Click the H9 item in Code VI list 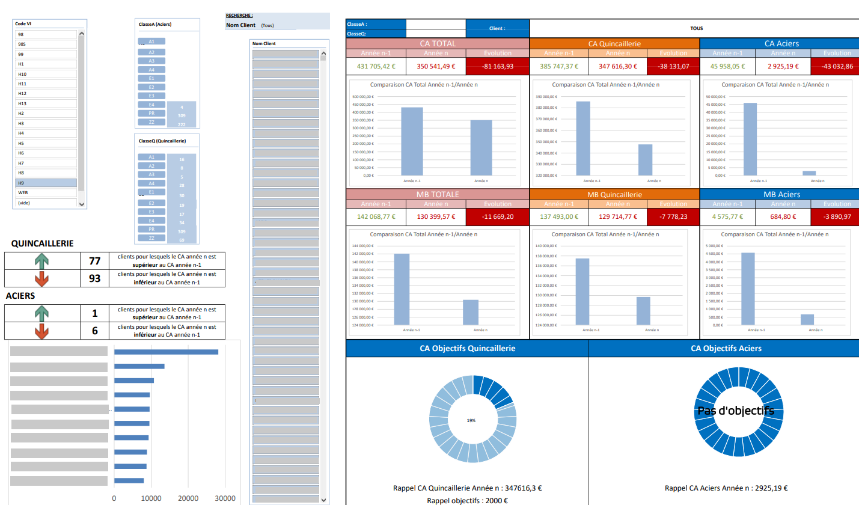click(46, 183)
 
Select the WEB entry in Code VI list click(46, 192)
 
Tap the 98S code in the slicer click(46, 44)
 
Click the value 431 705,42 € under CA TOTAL click(376, 66)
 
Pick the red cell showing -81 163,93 click(497, 66)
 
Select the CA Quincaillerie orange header click(614, 43)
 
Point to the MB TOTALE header click(437, 194)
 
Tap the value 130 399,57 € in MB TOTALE click(436, 217)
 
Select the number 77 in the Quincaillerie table click(94, 260)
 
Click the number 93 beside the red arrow click(94, 278)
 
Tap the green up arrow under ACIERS click(41, 313)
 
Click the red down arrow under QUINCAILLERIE click(41, 279)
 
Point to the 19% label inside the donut click(471, 420)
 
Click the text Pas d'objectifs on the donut click(736, 411)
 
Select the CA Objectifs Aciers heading click(726, 348)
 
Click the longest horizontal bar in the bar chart click(166, 352)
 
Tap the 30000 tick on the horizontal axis click(225, 498)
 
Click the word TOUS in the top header click(697, 28)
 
